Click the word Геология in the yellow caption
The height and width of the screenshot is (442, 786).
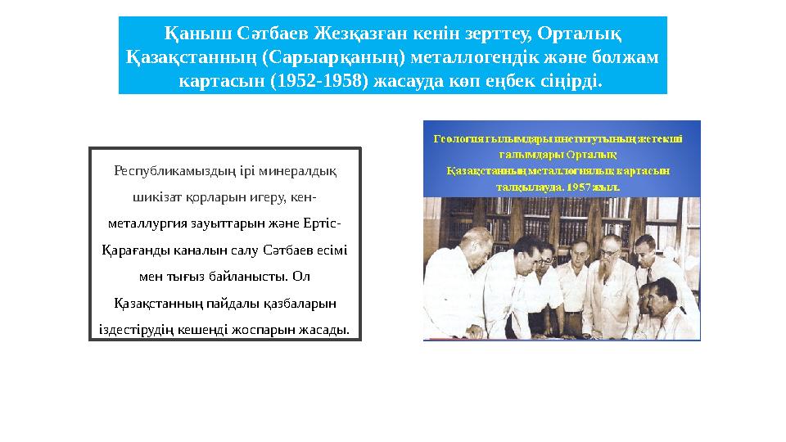(x=458, y=138)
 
